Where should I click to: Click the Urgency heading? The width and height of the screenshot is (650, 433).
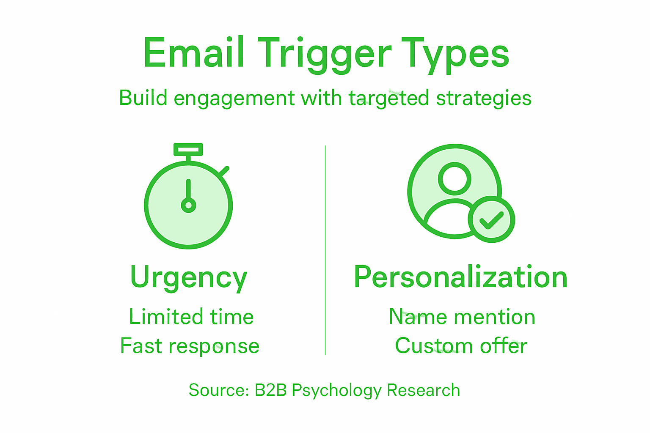[x=189, y=278]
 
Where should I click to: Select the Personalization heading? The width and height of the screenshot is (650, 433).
[x=460, y=277]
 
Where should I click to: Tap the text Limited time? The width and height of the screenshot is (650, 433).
[x=191, y=317]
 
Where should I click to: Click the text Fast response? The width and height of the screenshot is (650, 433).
[x=190, y=346]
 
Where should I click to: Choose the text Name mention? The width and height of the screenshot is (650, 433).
[x=462, y=317]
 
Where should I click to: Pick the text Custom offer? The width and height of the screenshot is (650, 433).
[x=461, y=346]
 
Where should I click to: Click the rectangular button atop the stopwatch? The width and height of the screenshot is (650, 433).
[x=188, y=150]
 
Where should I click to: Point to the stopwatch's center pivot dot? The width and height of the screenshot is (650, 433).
[x=188, y=206]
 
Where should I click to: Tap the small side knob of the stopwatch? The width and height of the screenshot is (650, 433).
[x=224, y=171]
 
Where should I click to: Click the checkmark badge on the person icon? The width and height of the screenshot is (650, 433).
[x=491, y=219]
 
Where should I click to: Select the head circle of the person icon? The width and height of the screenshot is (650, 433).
[x=454, y=178]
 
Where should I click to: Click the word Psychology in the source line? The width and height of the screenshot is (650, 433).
[x=337, y=390]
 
